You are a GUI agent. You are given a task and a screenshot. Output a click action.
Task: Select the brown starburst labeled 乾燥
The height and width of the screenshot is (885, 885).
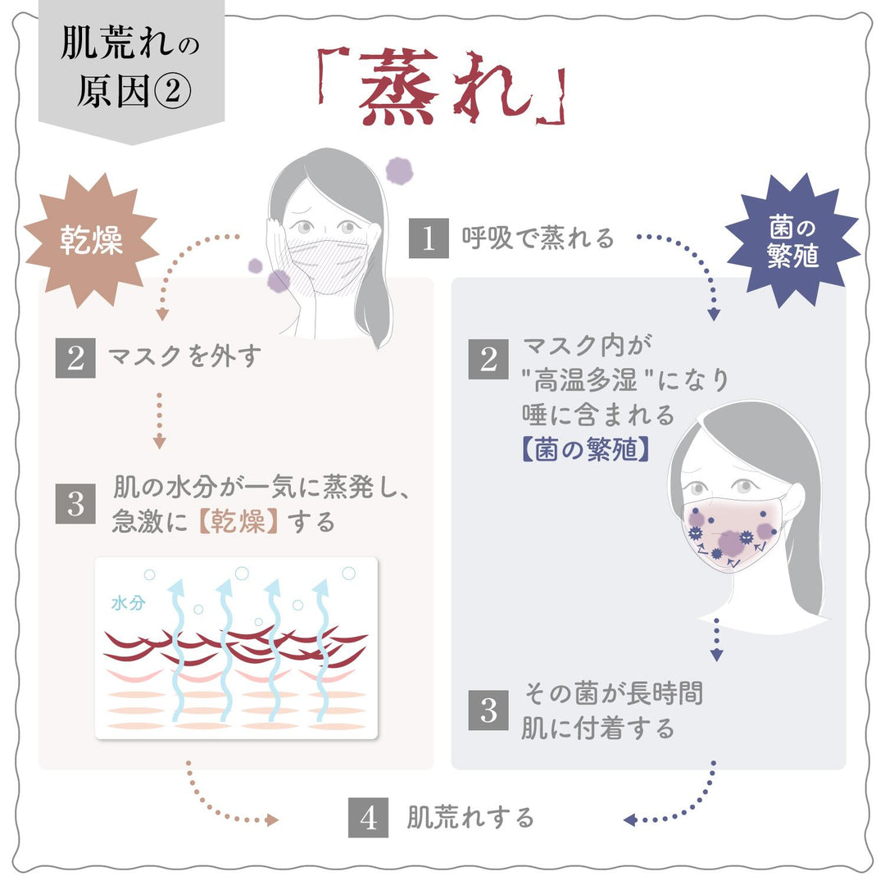tap(91, 240)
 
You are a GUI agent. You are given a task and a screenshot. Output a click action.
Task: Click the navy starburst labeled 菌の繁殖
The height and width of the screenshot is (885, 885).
tap(792, 241)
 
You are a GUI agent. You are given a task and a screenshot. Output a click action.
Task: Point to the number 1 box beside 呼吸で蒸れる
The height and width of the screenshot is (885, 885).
tap(429, 238)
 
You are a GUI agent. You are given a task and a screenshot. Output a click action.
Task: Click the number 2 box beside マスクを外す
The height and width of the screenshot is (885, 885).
tap(75, 358)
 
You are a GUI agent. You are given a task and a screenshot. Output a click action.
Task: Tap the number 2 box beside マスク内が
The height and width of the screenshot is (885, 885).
tap(488, 359)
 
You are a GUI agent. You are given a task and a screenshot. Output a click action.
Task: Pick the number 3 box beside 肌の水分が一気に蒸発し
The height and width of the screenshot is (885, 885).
tap(75, 503)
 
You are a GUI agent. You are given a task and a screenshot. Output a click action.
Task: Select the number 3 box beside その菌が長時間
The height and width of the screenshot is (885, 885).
tap(488, 710)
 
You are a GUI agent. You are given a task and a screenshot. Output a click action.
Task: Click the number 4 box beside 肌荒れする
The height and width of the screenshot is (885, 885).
tap(368, 817)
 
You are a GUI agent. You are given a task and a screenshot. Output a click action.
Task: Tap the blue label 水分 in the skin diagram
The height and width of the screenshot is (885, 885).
tap(128, 603)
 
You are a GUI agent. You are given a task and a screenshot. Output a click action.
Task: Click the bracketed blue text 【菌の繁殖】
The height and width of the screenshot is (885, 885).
tap(585, 450)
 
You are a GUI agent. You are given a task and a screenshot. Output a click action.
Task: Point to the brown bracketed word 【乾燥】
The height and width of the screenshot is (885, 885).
tap(238, 521)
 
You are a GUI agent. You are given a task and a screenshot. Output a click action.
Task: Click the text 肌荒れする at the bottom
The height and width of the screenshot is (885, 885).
tap(470, 817)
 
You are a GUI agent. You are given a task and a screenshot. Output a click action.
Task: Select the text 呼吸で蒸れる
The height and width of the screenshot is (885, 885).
tap(538, 238)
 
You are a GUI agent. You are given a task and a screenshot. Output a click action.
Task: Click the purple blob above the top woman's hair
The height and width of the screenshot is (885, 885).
tap(399, 170)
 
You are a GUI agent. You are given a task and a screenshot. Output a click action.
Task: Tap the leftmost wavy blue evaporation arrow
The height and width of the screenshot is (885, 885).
tap(177, 649)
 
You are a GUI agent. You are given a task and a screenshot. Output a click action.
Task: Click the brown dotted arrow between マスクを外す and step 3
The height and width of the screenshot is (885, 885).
tap(159, 420)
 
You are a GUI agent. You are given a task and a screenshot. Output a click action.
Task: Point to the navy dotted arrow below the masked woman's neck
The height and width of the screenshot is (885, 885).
tap(716, 639)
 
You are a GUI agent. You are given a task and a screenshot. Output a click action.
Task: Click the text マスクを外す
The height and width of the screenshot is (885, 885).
tap(184, 356)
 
